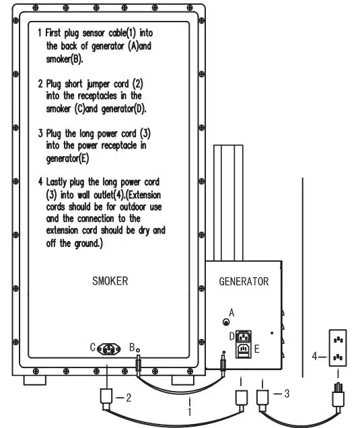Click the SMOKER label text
pyautogui.click(x=110, y=281)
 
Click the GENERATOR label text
pyautogui.click(x=244, y=281)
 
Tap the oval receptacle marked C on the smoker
pyautogui.click(x=108, y=349)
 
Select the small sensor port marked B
pyautogui.click(x=138, y=350)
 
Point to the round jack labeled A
pyautogui.click(x=226, y=322)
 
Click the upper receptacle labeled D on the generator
pyautogui.click(x=243, y=337)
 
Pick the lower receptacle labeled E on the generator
pyautogui.click(x=243, y=350)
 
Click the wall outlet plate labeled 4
pyautogui.click(x=338, y=348)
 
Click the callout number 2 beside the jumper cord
pyautogui.click(x=129, y=398)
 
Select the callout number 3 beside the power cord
pyautogui.click(x=287, y=393)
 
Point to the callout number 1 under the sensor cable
pyautogui.click(x=189, y=411)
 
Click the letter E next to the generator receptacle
pyautogui.click(x=256, y=349)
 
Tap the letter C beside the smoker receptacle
pyautogui.click(x=93, y=347)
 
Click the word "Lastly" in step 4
pyautogui.click(x=57, y=182)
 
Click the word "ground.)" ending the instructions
pyautogui.click(x=88, y=244)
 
